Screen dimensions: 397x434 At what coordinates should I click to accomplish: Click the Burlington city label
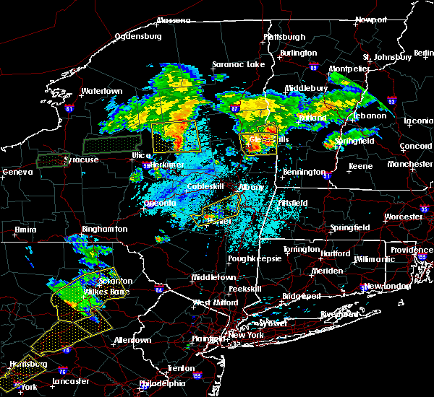pos(299,53)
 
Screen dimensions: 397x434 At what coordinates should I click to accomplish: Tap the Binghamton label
pos(104,229)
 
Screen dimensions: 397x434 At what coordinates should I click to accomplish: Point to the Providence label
pos(411,250)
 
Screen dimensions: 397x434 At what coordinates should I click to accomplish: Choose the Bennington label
pos(304,172)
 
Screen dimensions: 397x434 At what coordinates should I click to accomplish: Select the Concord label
pos(415,147)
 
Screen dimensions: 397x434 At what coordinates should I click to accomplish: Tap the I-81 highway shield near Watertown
pos(69,109)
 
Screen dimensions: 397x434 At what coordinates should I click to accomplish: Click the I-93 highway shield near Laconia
pos(392,102)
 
